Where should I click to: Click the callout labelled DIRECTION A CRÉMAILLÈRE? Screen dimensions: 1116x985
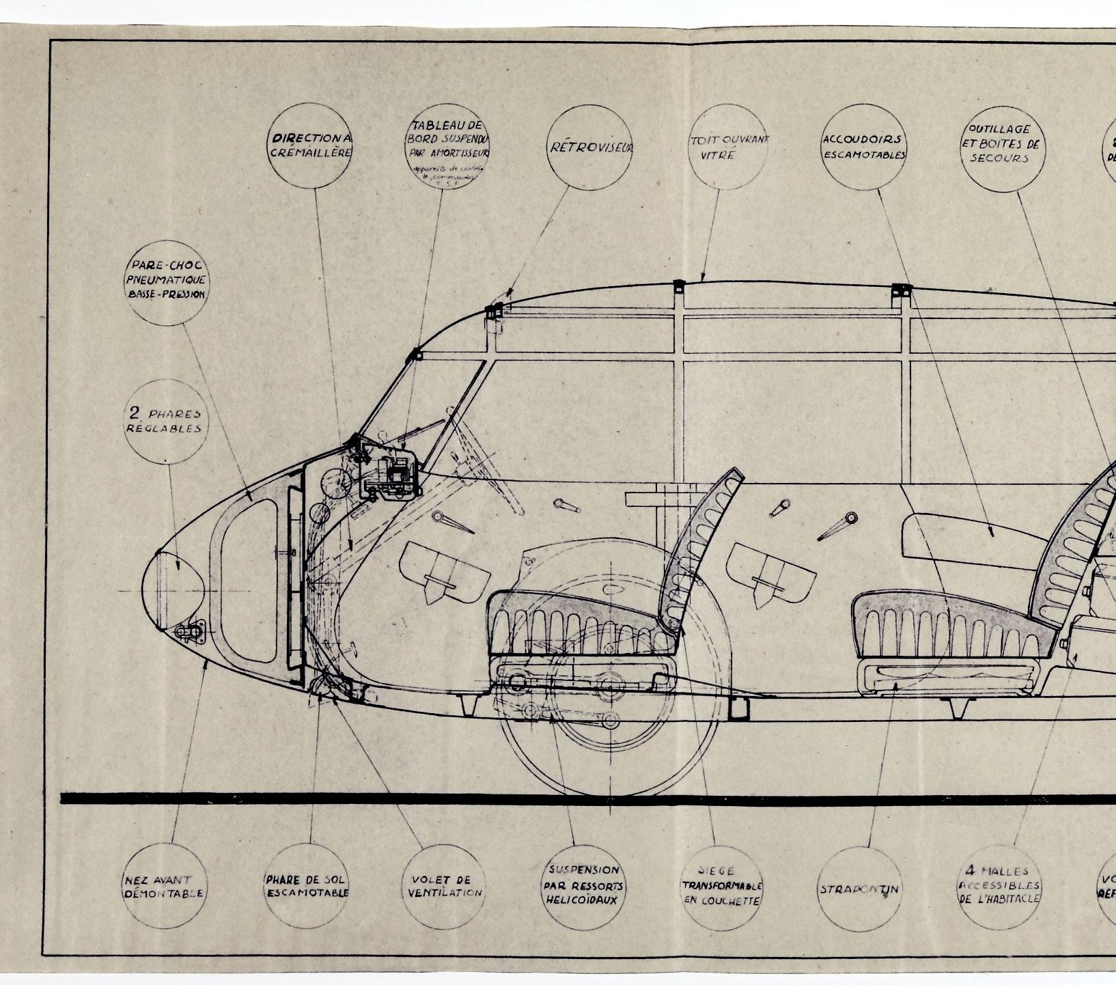tap(311, 145)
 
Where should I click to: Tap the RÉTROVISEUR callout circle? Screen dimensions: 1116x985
tap(591, 147)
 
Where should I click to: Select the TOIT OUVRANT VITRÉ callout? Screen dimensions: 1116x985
tap(728, 146)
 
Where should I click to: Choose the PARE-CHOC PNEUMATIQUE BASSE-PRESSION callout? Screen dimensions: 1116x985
tap(167, 280)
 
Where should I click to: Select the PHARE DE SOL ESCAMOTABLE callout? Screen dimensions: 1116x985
tap(307, 886)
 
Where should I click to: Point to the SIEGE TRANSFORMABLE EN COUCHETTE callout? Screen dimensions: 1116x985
tap(722, 886)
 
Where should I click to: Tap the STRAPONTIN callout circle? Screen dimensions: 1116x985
tap(860, 889)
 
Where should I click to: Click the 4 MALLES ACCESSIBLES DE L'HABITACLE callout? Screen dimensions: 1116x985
tap(999, 886)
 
